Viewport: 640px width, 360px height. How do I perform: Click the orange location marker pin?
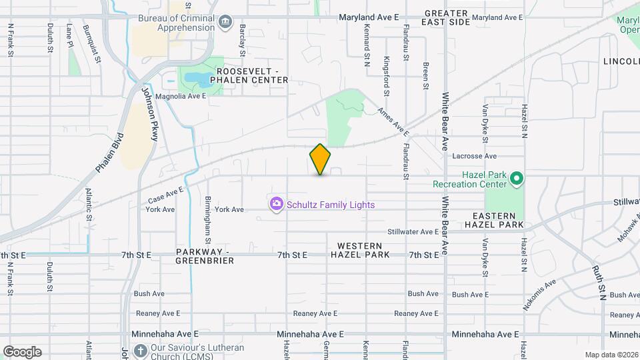pyautogui.click(x=321, y=159)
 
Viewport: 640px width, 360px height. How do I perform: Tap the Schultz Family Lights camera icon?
pyautogui.click(x=277, y=205)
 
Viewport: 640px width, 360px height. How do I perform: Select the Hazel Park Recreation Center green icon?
pyautogui.click(x=516, y=179)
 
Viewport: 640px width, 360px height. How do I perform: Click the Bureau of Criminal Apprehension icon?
pyautogui.click(x=225, y=22)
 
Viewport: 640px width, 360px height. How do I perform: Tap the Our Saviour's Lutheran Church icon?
pyautogui.click(x=140, y=350)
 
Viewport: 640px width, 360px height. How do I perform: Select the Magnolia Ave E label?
pyautogui.click(x=181, y=96)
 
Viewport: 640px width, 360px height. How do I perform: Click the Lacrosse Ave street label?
pyautogui.click(x=475, y=156)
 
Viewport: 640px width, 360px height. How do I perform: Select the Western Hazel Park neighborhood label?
pyautogui.click(x=359, y=251)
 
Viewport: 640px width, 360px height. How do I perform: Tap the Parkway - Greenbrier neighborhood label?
pyautogui.click(x=205, y=256)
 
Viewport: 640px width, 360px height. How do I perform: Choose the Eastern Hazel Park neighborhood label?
pyautogui.click(x=494, y=221)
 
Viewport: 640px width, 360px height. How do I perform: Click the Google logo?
pyautogui.click(x=22, y=351)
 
